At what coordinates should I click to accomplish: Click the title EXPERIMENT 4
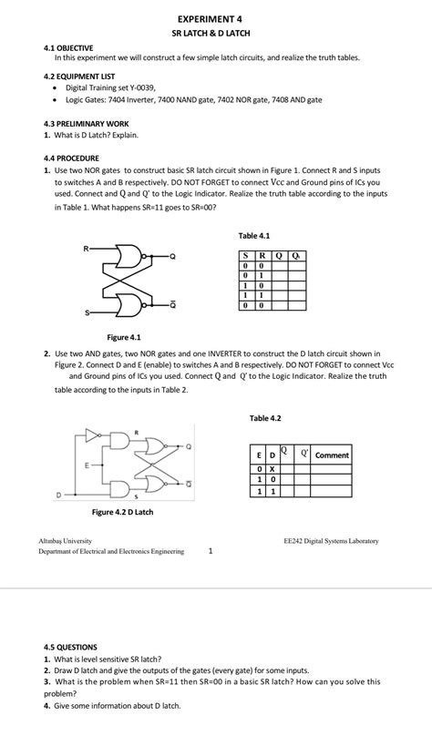coord(211,18)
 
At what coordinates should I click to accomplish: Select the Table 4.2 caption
coord(264,418)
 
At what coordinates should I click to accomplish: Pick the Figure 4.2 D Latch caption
coord(122,512)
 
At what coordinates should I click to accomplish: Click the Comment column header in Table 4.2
coord(332,455)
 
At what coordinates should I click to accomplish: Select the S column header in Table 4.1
coord(245,255)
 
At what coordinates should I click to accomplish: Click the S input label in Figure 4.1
coord(87,313)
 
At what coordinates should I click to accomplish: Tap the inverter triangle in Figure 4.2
coord(91,434)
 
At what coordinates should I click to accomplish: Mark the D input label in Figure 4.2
coord(59,495)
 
